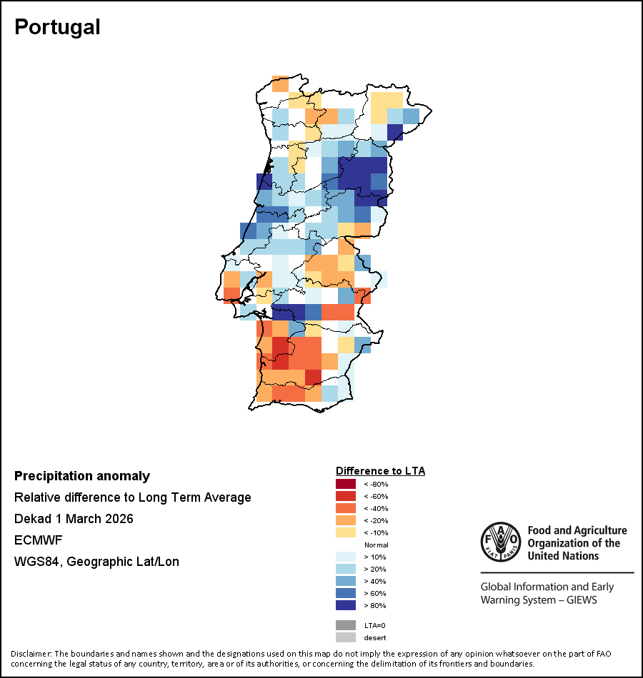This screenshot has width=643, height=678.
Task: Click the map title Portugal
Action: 57,27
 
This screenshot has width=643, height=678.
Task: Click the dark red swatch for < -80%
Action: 346,485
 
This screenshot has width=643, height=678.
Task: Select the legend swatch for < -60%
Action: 346,497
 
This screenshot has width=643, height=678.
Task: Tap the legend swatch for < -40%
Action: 346,509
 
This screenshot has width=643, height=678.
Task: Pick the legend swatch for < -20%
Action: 346,521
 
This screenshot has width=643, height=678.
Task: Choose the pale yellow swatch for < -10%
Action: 346,533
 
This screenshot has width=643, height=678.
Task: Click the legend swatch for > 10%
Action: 346,557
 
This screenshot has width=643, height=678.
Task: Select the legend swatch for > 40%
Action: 346,582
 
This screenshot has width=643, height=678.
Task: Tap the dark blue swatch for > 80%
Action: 346,606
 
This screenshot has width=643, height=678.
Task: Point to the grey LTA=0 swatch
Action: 346,625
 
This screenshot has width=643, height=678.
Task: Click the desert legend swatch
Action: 346,637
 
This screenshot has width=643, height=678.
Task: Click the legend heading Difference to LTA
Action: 380,471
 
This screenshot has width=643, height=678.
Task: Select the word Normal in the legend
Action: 376,545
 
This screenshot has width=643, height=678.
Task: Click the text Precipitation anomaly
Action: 82,476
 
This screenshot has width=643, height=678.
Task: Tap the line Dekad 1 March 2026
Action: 74,519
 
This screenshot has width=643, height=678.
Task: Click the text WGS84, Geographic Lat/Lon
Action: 96,562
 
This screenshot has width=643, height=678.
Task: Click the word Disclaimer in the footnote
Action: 31,654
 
